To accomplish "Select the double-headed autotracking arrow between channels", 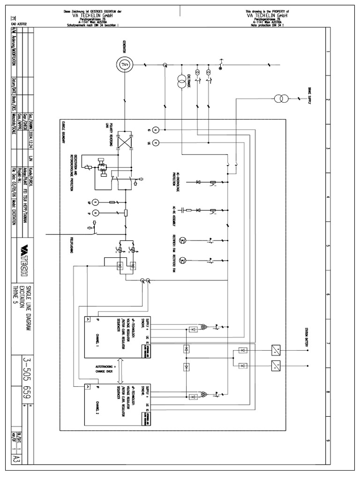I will (120, 370).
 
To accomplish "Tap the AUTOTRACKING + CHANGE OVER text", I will (108, 370).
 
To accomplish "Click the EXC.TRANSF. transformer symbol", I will (181, 84).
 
